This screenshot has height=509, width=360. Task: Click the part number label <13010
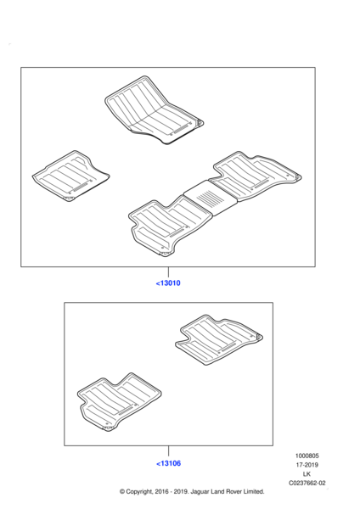[x=168, y=283]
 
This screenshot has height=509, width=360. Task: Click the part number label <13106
[x=168, y=463]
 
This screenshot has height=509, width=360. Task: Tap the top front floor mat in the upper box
[x=154, y=109]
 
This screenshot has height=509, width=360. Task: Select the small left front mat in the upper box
[x=70, y=176]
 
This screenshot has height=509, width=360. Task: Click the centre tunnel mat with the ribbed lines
[x=211, y=198]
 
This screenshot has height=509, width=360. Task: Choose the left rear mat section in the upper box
[x=170, y=227]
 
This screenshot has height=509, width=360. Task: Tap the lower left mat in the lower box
[x=119, y=402]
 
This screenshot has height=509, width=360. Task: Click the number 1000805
[x=307, y=456]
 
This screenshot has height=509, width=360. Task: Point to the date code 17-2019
[x=307, y=465]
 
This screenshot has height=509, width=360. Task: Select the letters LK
[x=307, y=474]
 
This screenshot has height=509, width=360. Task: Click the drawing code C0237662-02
[x=307, y=483]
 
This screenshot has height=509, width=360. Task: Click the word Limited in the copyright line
[x=252, y=491]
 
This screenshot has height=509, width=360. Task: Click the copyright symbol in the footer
[x=122, y=492]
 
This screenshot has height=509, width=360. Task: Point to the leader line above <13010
[x=168, y=272]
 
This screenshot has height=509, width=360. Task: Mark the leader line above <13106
[x=168, y=451]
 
